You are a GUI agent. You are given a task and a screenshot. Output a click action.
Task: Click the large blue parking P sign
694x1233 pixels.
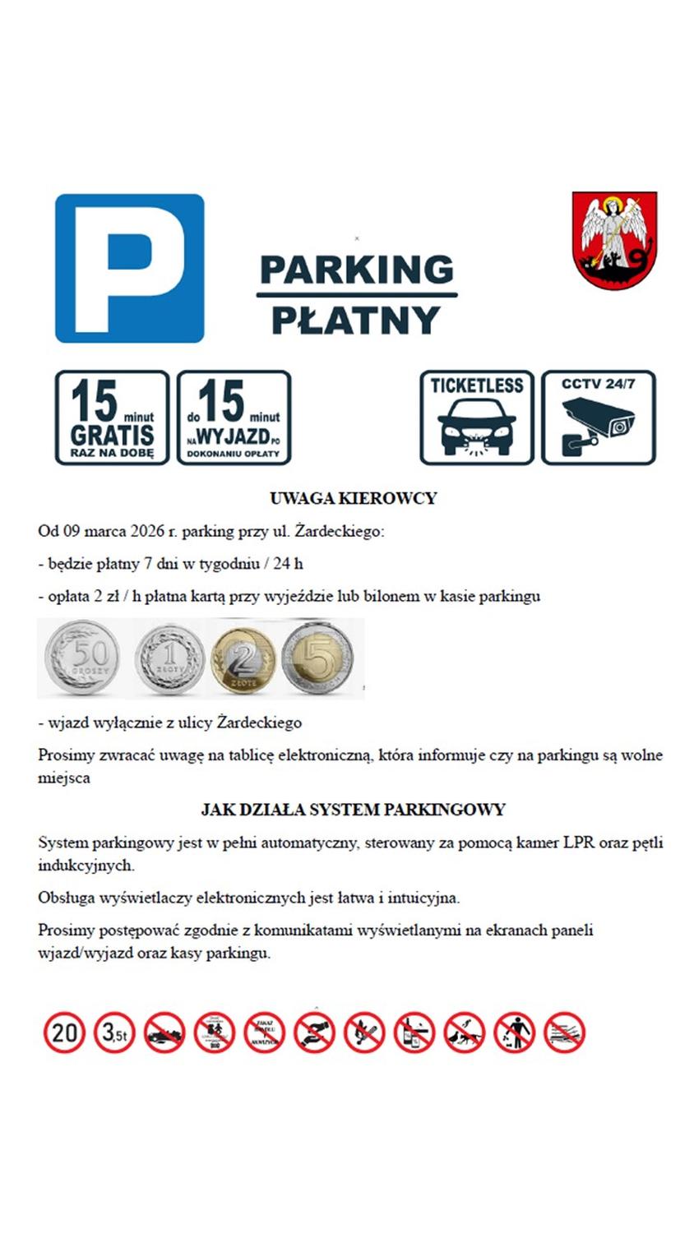click(x=129, y=268)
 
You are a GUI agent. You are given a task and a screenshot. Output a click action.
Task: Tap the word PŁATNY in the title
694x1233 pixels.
click(x=355, y=321)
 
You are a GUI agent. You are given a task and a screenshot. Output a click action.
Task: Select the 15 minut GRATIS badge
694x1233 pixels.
click(x=112, y=418)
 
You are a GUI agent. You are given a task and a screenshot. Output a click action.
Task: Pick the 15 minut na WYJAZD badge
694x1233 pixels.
click(x=234, y=418)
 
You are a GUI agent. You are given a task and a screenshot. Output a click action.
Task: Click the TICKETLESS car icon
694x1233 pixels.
click(x=477, y=418)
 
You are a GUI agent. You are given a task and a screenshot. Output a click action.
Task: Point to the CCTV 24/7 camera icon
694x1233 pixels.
click(x=598, y=418)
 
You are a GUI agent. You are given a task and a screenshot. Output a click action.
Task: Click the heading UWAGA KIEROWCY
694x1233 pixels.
click(x=353, y=498)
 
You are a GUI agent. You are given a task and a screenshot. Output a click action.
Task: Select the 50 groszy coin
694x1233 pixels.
click(x=83, y=658)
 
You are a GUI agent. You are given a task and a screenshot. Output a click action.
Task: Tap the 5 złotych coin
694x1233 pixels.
click(x=317, y=658)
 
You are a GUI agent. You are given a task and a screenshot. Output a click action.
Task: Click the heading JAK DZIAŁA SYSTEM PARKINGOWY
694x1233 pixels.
click(x=353, y=810)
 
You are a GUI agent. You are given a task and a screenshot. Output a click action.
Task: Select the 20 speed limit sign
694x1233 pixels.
click(x=64, y=1032)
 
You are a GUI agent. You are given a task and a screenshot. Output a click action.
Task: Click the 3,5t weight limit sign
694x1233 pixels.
click(x=114, y=1032)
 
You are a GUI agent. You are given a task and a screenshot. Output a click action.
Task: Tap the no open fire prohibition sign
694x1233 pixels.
click(x=364, y=1032)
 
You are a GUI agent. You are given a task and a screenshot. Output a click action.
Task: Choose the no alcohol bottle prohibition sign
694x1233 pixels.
click(x=414, y=1032)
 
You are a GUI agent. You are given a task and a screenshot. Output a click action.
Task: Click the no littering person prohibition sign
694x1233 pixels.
click(x=515, y=1032)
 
